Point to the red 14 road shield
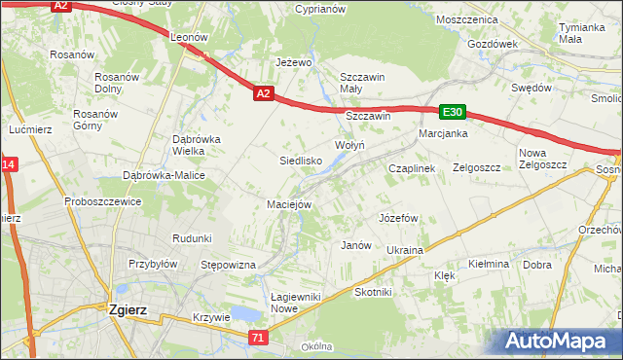tap(8, 166)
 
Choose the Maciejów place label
tap(289, 204)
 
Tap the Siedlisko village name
tap(301, 161)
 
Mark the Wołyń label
tap(349, 145)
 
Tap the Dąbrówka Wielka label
tap(197, 145)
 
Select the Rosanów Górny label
tap(94, 120)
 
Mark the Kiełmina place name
tap(489, 264)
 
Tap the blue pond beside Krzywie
tap(245, 315)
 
